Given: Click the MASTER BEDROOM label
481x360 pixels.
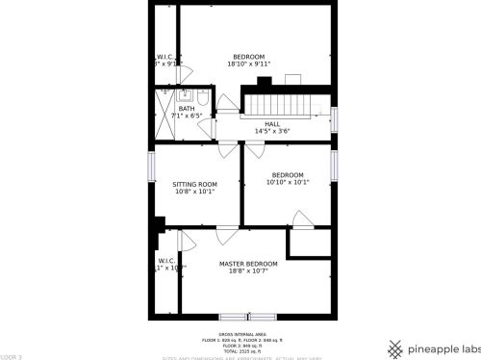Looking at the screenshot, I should point(248,264).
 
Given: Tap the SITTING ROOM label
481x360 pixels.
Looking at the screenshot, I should point(194,184).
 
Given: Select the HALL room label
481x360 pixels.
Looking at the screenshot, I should point(272,123).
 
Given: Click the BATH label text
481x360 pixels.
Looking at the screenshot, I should point(186,109).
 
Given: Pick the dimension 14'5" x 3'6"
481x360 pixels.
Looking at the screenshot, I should point(272,131).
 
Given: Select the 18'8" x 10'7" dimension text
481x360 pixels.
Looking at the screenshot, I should point(248,271).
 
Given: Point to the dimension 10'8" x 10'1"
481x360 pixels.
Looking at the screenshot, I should point(194,192).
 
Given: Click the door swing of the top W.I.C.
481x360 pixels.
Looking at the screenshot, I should point(184,72).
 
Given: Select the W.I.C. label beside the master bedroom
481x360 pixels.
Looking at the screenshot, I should point(166,260).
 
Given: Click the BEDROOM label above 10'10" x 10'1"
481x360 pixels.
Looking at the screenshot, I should point(287,174).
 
